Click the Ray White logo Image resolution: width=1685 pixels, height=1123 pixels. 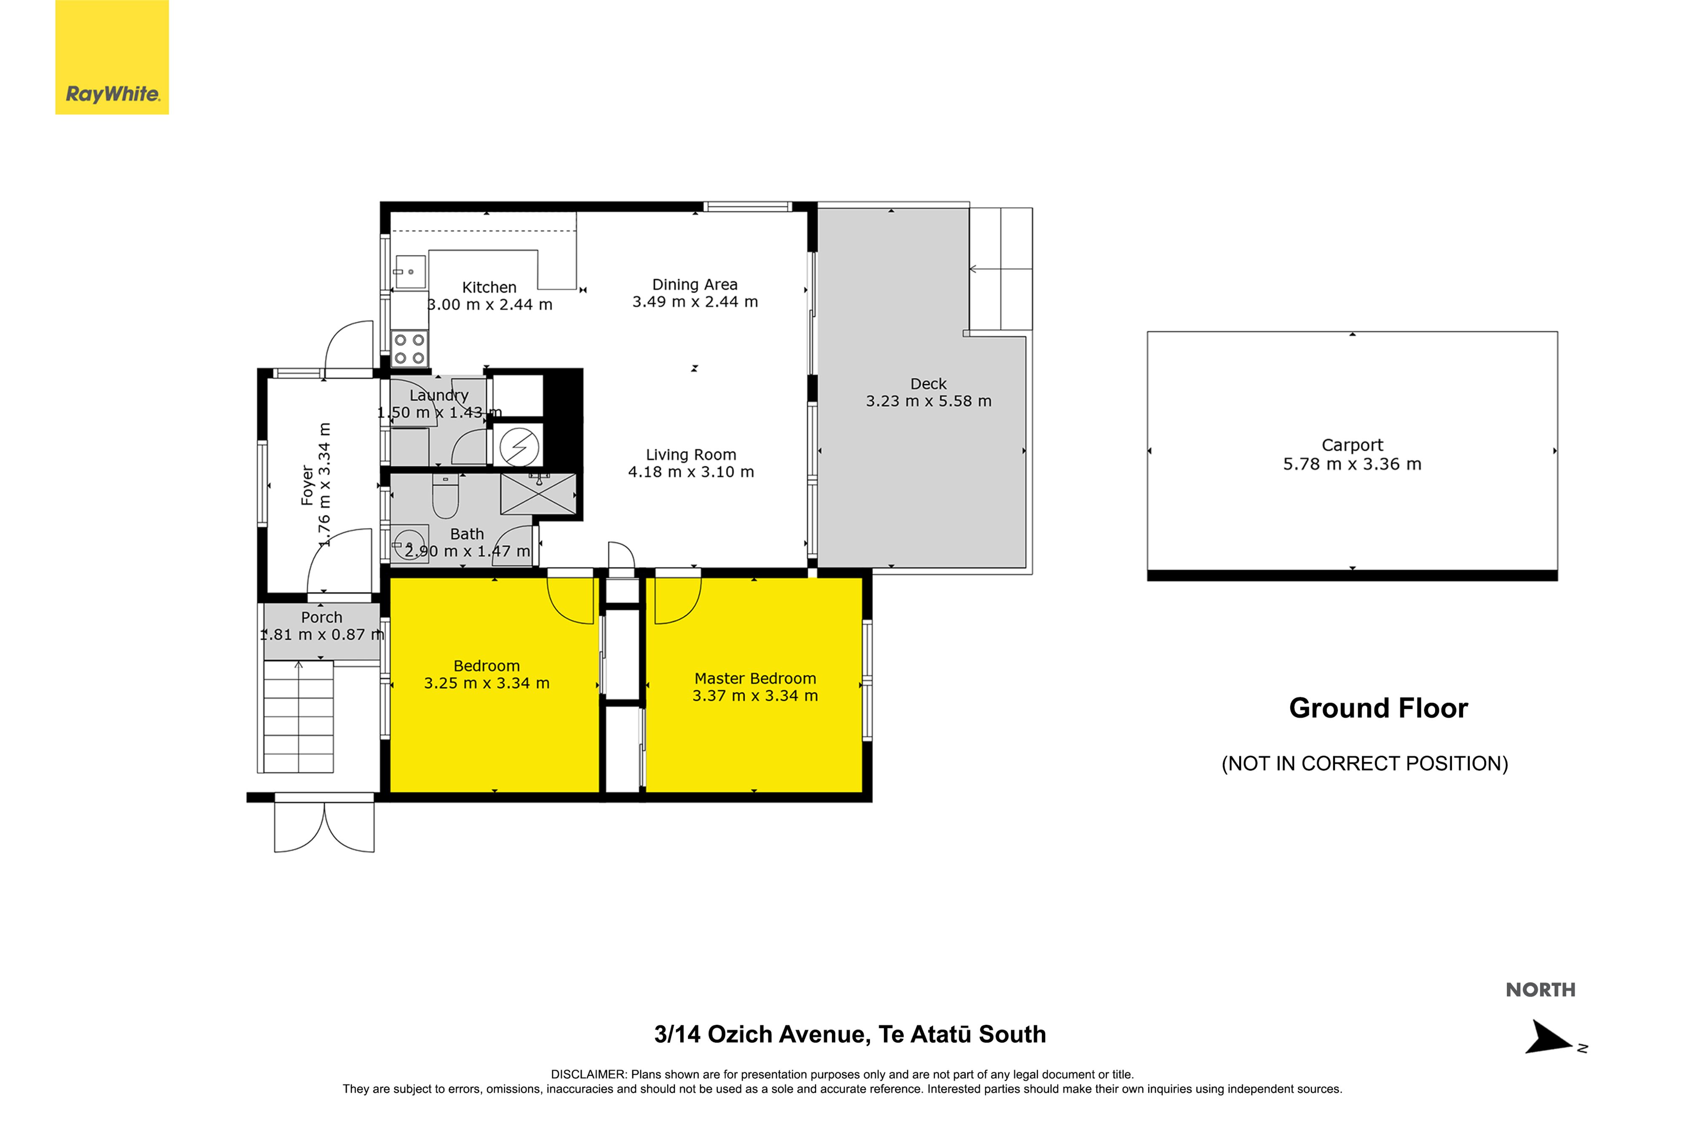click(112, 57)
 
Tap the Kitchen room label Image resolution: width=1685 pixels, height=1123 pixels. click(489, 287)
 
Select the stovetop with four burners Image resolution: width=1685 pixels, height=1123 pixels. click(409, 349)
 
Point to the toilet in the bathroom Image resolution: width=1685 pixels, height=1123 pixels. click(445, 496)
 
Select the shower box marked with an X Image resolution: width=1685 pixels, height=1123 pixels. click(538, 493)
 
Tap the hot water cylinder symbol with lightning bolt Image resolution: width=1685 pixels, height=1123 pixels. click(519, 446)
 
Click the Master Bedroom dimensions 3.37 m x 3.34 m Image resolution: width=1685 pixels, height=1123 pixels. click(755, 695)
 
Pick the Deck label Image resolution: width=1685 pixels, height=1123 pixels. click(928, 384)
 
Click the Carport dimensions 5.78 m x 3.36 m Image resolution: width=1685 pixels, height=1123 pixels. click(1352, 464)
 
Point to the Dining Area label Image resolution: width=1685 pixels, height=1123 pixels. click(695, 284)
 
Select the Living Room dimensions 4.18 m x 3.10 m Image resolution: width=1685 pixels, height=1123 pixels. click(691, 472)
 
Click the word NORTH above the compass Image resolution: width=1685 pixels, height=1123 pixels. click(1541, 990)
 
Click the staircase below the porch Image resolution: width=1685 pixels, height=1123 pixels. click(298, 716)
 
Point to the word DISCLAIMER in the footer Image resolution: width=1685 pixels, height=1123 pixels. click(588, 1074)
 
